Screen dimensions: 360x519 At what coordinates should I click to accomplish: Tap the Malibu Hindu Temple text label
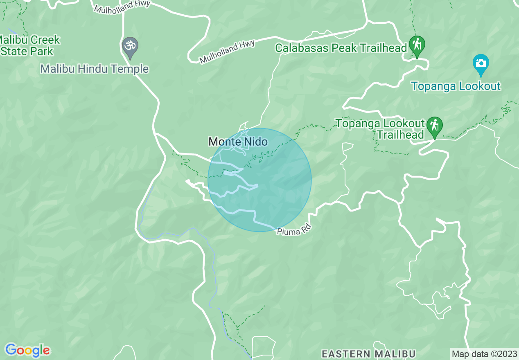pyautogui.click(x=94, y=69)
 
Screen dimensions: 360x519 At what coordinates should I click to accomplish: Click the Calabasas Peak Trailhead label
pyautogui.click(x=341, y=48)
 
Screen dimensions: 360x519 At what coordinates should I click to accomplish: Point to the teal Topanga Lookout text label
pyautogui.click(x=456, y=86)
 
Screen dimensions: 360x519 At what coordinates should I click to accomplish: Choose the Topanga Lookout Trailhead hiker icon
pyautogui.click(x=434, y=126)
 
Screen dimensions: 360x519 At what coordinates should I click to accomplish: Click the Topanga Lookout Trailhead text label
pyautogui.click(x=380, y=129)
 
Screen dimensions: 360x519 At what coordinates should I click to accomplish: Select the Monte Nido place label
pyautogui.click(x=238, y=142)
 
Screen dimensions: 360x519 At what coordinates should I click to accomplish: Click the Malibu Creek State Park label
pyautogui.click(x=29, y=45)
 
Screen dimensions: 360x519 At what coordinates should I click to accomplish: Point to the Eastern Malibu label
pyautogui.click(x=368, y=353)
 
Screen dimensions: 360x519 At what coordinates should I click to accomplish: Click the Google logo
pyautogui.click(x=27, y=350)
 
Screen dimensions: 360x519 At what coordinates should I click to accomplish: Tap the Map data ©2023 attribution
pyautogui.click(x=484, y=353)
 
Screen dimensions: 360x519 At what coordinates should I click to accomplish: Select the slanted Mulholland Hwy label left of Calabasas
pyautogui.click(x=227, y=52)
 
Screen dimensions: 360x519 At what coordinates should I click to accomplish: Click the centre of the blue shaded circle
pyautogui.click(x=259, y=180)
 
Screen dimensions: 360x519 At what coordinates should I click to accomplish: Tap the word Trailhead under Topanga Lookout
pyautogui.click(x=400, y=135)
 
